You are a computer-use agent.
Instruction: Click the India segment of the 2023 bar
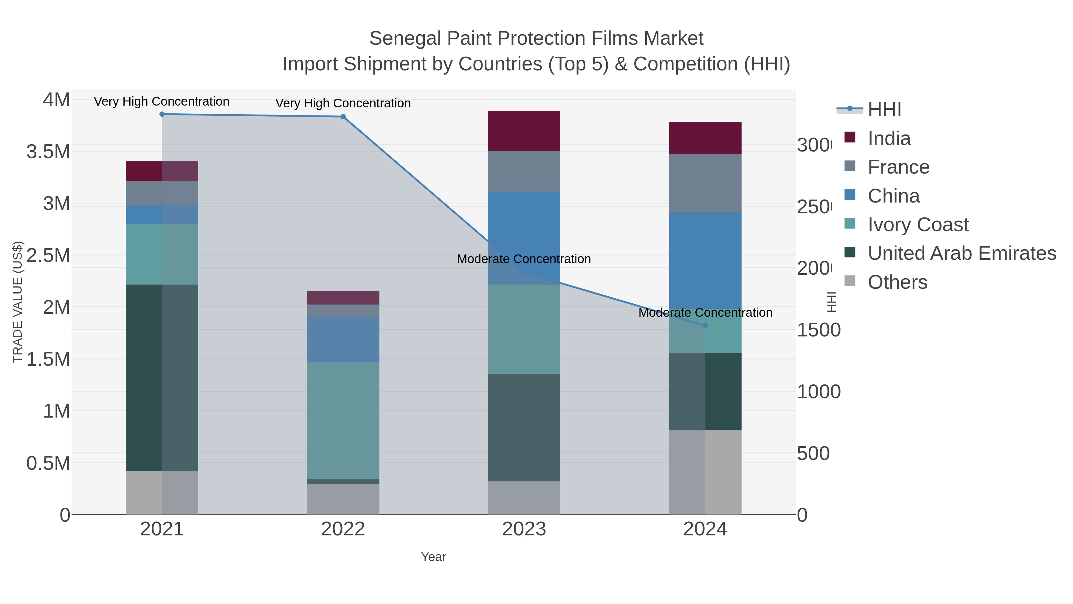524,130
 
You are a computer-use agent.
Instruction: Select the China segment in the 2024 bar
705,260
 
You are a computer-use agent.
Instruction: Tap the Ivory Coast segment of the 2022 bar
343,420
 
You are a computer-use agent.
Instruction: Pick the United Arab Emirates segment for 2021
162,377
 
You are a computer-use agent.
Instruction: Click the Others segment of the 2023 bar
524,498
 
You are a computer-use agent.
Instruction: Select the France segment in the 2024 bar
705,183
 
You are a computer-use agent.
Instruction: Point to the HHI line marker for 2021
162,114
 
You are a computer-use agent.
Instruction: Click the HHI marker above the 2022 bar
343,117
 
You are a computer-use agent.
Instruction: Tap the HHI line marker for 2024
705,325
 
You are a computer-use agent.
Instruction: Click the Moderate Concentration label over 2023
524,259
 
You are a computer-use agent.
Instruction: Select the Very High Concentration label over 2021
162,102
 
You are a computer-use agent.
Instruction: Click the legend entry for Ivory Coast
918,225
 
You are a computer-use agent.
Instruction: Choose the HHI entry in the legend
884,110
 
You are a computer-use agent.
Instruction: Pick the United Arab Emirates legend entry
961,253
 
